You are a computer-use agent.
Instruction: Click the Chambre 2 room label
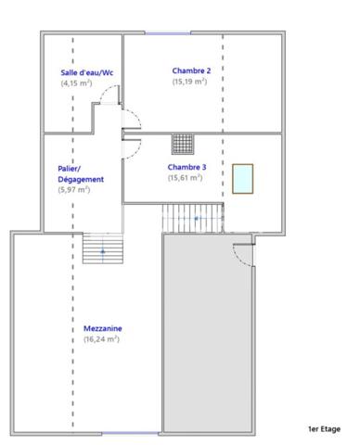[x=191, y=70]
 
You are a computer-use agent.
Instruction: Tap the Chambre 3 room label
[x=186, y=167]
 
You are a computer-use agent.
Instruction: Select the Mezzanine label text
[x=103, y=328]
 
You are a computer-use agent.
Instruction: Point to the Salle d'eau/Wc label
[x=87, y=72]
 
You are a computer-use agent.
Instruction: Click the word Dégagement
[x=81, y=179]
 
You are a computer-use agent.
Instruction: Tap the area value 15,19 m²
[x=189, y=82]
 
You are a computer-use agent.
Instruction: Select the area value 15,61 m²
[x=185, y=178]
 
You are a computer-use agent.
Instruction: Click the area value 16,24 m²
[x=101, y=339]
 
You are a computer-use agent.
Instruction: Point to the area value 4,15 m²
[x=76, y=83]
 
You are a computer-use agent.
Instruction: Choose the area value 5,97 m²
[x=74, y=189]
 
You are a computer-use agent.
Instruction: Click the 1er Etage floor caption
[x=324, y=429]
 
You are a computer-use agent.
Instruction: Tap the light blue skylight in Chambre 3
[x=243, y=179]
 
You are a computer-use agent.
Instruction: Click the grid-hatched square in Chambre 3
[x=183, y=144]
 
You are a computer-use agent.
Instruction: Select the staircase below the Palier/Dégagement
[x=103, y=248]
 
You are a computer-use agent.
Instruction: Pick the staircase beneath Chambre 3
[x=193, y=218]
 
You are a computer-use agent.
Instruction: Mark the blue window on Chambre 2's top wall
[x=168, y=33]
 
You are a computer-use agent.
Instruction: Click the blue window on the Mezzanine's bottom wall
[x=130, y=433]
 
